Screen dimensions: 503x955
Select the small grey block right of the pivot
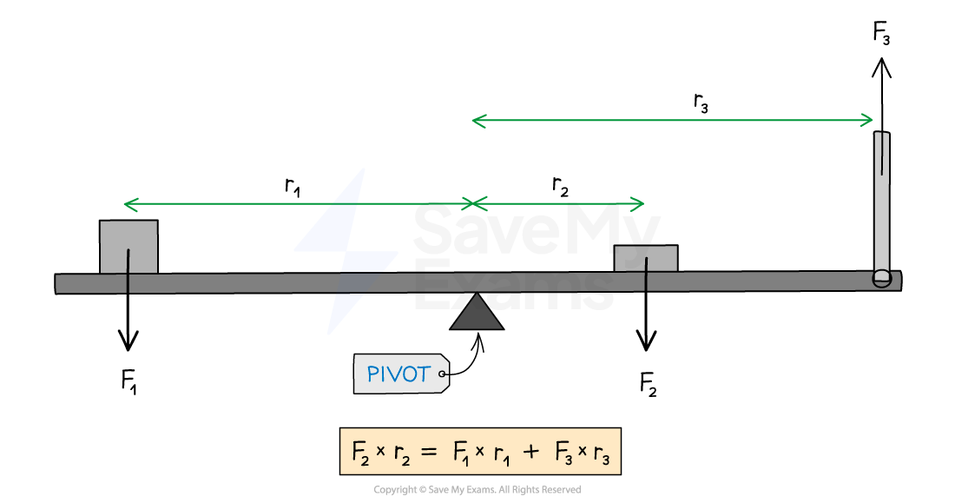tap(645, 258)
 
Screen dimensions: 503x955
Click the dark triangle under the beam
tap(476, 314)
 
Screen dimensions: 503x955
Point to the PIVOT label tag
tap(400, 374)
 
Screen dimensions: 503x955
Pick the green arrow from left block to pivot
tap(298, 205)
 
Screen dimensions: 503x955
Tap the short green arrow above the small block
tap(559, 205)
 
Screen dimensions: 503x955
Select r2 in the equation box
tap(401, 453)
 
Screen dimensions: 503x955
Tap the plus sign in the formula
tap(530, 452)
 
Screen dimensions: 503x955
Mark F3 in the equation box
tap(560, 453)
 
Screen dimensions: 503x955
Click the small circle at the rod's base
tap(882, 278)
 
